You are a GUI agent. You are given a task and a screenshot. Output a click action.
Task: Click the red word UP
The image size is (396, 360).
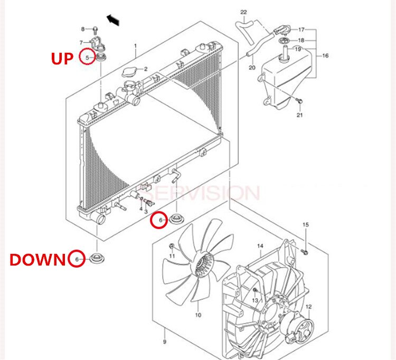coord(62,58)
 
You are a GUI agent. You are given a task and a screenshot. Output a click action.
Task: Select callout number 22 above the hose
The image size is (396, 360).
coord(243,12)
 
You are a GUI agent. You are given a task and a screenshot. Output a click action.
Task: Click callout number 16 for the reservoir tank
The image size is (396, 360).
coord(325,55)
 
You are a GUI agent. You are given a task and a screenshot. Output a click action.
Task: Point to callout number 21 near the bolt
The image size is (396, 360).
coord(300,115)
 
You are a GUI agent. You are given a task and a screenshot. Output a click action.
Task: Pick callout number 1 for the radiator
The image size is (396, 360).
coord(135,46)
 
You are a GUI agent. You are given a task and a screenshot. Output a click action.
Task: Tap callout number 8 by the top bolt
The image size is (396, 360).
coord(82,29)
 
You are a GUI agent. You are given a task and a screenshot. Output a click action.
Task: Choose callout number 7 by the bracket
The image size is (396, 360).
coord(81,43)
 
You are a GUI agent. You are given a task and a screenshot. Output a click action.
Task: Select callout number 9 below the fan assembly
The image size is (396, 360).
coord(164,333)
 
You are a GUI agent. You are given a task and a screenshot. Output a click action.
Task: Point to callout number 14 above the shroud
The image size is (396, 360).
coord(260,246)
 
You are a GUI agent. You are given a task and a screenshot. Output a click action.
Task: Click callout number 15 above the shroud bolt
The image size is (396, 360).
coord(305,225)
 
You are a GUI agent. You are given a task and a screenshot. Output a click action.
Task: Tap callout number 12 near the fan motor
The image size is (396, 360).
coord(309,307)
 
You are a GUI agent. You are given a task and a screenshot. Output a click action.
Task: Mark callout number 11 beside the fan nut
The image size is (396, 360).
coord(172,255)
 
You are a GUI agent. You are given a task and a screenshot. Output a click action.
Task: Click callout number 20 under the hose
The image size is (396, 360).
coord(252,68)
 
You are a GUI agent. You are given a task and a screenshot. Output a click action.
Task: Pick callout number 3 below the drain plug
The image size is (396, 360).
coord(145,211)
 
